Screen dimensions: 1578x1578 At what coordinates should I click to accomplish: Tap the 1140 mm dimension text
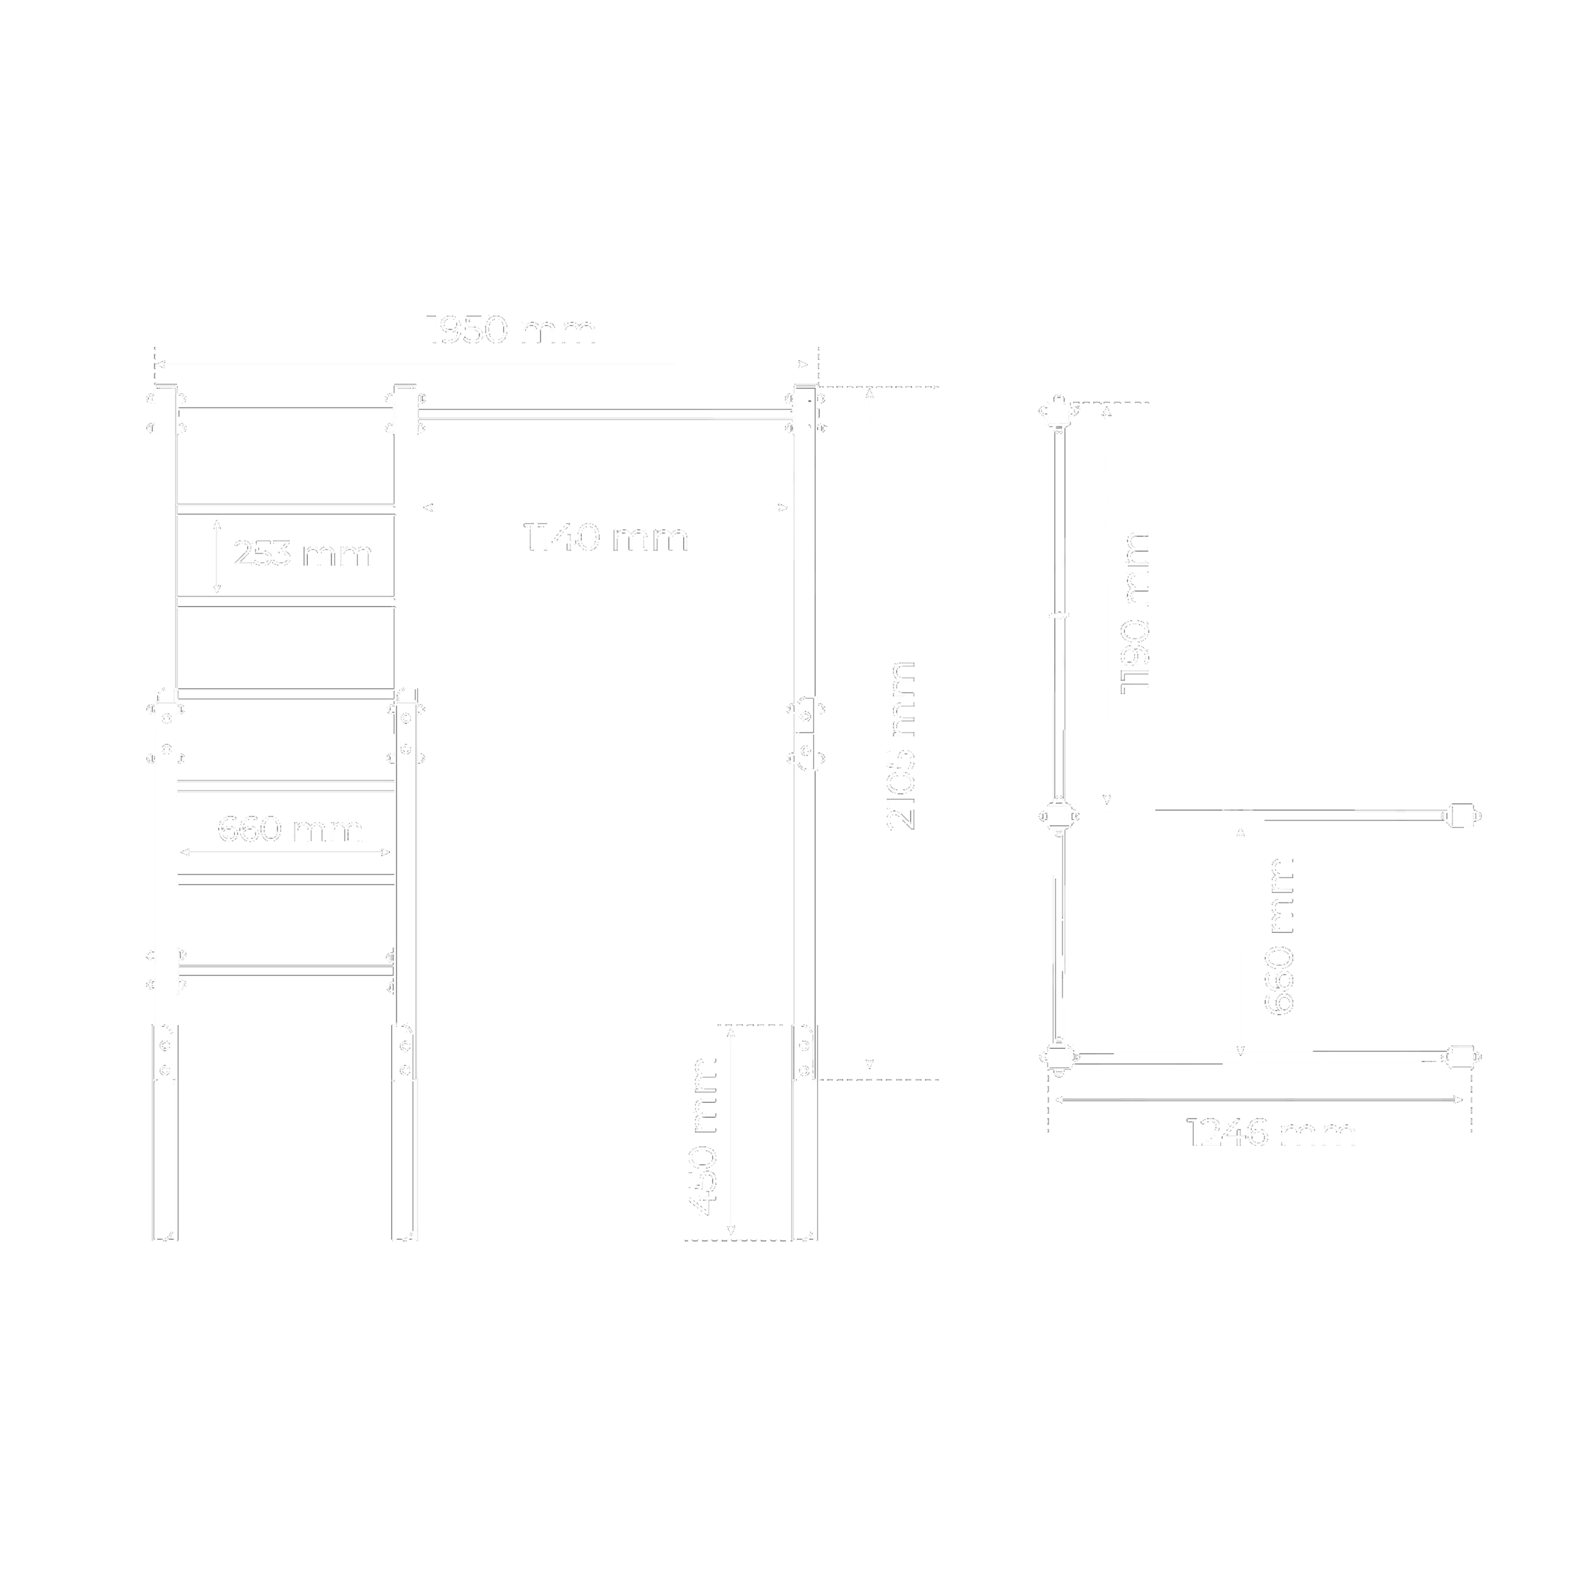pos(606,538)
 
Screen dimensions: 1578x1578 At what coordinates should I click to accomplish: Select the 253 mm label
pos(302,554)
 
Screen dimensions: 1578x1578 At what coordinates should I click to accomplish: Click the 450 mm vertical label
pos(702,1136)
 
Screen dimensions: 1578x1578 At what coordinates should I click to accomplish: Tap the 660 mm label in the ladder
pos(290,830)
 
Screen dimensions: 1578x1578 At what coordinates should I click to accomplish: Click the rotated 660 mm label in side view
pos(1279,936)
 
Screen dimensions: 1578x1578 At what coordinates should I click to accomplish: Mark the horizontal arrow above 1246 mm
pos(1258,1099)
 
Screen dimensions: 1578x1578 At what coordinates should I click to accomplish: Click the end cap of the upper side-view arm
pos(1461,816)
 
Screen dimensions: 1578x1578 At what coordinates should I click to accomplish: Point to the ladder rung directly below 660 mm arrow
pos(286,878)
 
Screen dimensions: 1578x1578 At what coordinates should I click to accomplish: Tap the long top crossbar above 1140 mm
pos(605,414)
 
